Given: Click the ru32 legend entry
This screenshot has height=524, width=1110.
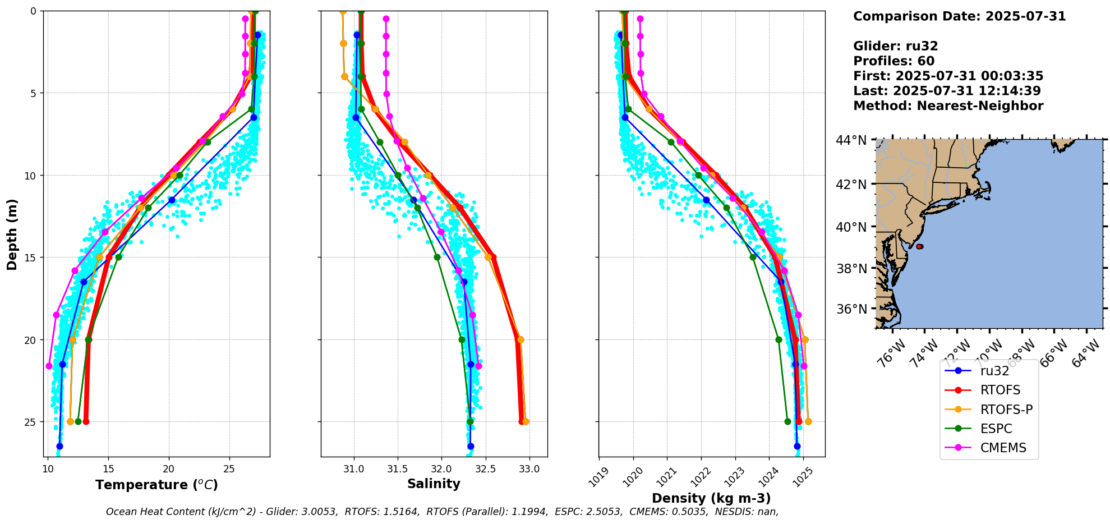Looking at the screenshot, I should click(994, 371).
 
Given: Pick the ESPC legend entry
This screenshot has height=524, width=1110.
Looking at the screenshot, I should click(996, 429).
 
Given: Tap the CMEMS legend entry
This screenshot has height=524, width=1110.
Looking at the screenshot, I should click(1003, 448).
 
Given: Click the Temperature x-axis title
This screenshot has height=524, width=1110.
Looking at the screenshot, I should click(156, 485).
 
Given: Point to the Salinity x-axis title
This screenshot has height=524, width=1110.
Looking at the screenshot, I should click(434, 484).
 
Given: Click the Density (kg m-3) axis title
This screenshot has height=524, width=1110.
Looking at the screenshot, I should click(711, 498).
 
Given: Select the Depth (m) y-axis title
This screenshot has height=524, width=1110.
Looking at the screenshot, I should click(12, 234).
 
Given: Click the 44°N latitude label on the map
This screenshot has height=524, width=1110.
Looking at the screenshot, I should click(851, 140).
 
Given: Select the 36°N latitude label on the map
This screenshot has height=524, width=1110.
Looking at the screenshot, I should click(851, 309).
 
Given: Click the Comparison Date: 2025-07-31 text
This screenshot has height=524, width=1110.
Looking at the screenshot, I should click(959, 16).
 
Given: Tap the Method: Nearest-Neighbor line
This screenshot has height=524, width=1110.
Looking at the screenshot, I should click(948, 106).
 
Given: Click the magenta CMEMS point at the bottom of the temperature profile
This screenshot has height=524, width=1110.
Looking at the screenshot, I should click(49, 366).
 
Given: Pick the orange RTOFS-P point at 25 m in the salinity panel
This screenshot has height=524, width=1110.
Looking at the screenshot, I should click(526, 421).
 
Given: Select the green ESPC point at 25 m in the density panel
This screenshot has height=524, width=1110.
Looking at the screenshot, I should click(787, 421).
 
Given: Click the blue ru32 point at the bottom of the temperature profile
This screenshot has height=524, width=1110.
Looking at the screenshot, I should click(59, 446).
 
